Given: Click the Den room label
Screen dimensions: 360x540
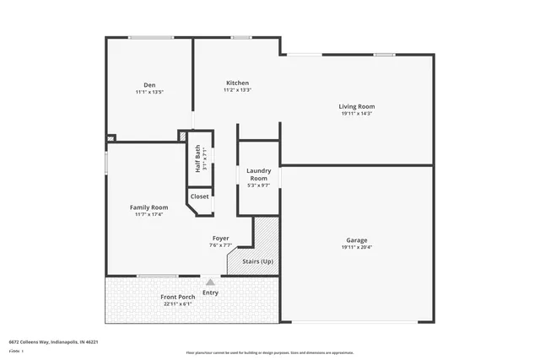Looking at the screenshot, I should pos(149,84).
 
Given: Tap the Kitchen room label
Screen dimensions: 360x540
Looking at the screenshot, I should pos(237,83).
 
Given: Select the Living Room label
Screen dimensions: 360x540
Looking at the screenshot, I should pos(357,106).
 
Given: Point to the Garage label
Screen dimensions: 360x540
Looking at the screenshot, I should pos(357,240).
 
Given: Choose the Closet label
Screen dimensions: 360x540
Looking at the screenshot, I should pos(199,196).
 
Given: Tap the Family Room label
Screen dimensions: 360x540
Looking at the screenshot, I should pos(148,207).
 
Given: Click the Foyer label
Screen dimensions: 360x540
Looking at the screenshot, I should pos(220,239).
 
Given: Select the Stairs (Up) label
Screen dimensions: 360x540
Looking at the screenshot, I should pos(257,261).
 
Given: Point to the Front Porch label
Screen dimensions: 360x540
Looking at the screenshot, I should pos(178,297).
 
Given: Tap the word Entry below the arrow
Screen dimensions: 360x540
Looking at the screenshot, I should pos(210,293).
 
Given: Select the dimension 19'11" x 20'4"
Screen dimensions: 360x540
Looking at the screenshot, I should pos(357,248).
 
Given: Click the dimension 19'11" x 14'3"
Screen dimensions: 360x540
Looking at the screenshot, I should pos(357,114).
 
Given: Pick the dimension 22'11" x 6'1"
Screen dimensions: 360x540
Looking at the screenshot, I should pos(178,304).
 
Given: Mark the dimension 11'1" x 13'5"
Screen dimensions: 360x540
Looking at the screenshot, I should pos(149,91).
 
